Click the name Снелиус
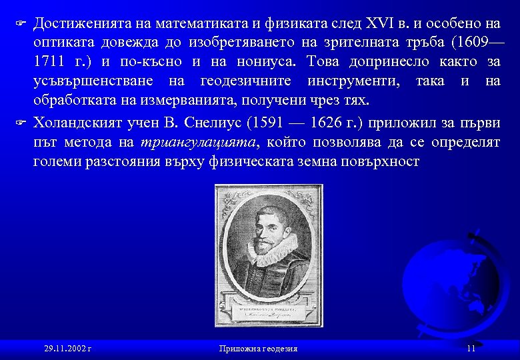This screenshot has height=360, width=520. [x=212, y=123]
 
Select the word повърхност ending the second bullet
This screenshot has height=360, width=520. [x=381, y=161]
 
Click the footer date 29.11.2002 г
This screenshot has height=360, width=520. [x=67, y=349]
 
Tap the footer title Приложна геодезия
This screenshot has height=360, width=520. [x=258, y=349]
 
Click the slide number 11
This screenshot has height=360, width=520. [x=471, y=349]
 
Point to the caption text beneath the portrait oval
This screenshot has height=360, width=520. [x=267, y=314]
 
